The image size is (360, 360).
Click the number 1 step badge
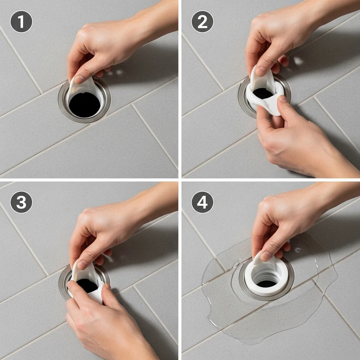[x=21, y=21]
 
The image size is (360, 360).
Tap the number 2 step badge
[x=202, y=21]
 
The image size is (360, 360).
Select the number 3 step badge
[x=21, y=202]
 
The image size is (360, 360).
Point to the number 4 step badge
[x=202, y=202]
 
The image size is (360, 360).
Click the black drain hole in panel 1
[x=85, y=105]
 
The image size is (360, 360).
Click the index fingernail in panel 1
[x=79, y=79]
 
